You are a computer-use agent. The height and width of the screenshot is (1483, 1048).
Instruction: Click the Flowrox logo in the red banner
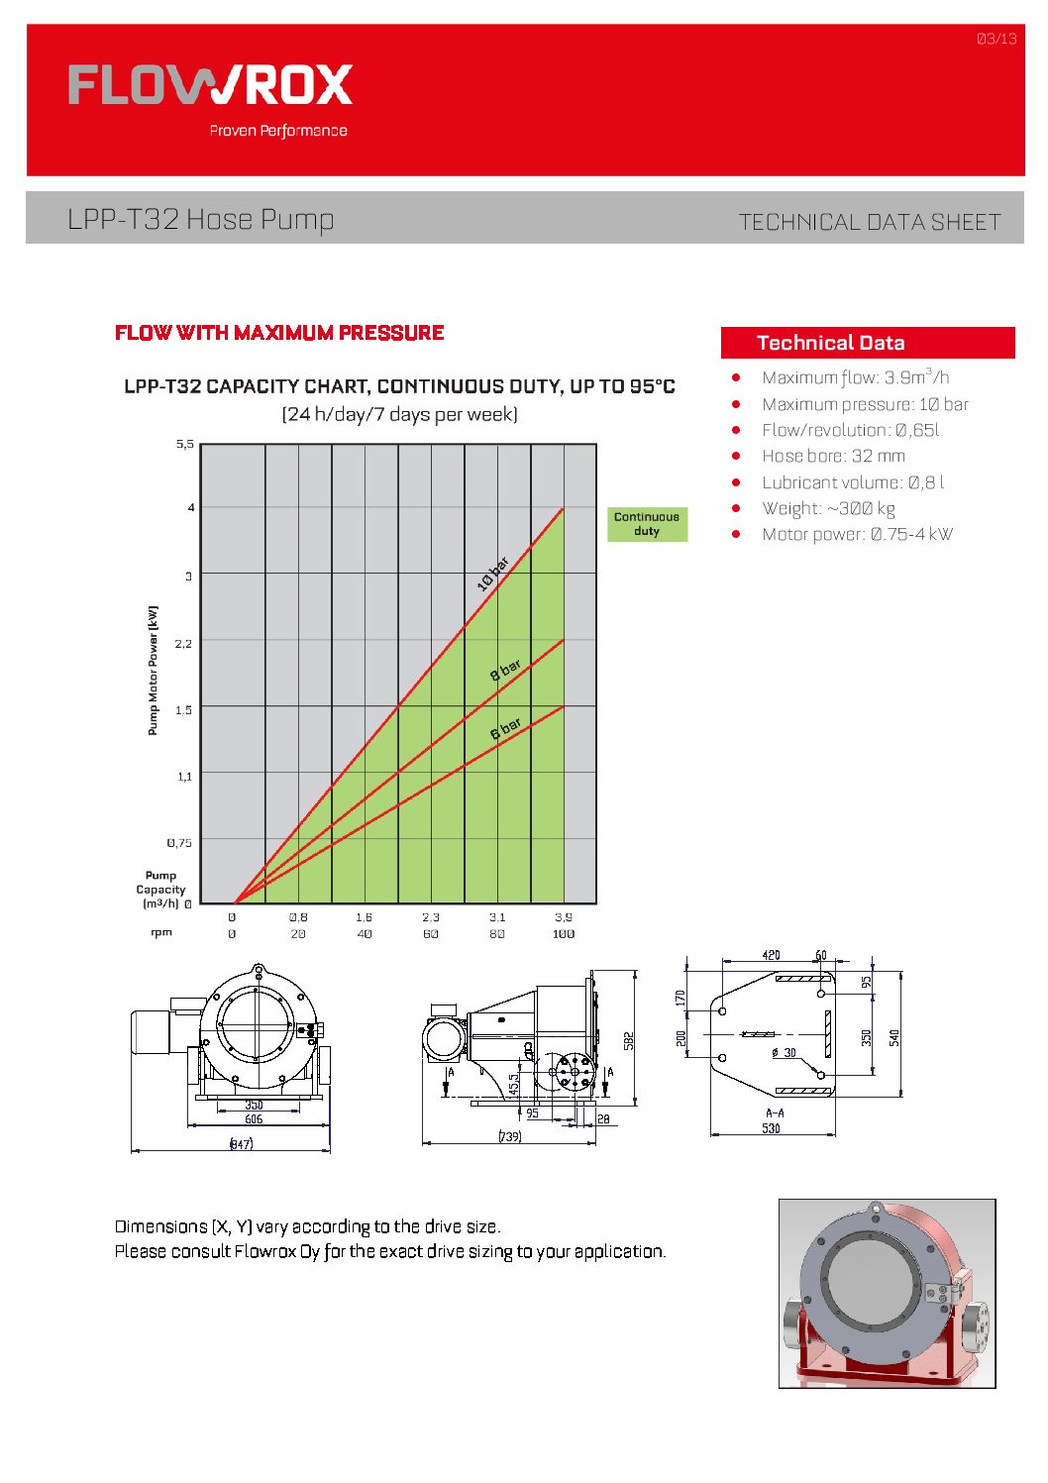point(211,85)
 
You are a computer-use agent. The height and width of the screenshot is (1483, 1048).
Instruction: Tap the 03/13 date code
point(996,39)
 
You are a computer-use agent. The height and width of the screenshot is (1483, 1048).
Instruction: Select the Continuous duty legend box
point(647,524)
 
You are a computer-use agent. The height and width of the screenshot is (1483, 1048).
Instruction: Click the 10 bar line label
point(492,574)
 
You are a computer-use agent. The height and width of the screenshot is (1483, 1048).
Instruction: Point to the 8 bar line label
point(505,670)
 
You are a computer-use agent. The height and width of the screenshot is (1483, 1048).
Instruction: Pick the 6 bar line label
point(505,728)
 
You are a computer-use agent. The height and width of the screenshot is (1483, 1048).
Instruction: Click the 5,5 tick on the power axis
point(184,444)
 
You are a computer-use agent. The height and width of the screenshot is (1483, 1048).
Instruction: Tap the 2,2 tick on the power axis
point(183,643)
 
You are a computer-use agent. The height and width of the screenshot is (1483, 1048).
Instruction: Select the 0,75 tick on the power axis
point(179,843)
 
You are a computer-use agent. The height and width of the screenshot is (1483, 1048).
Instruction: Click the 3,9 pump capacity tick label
point(564,917)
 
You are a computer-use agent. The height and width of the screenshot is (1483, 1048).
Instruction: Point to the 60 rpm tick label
point(430,933)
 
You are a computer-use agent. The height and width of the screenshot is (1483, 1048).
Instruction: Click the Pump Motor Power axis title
point(153,670)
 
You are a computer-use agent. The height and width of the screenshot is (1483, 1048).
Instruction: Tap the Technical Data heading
point(830,343)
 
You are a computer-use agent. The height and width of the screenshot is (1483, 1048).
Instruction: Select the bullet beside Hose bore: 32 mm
point(736,456)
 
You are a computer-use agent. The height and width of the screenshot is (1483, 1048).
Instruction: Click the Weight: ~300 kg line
point(828,508)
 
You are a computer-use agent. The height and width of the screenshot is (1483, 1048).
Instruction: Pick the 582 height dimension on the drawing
point(629,1041)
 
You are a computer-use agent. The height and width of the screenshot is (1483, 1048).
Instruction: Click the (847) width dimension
point(241,1143)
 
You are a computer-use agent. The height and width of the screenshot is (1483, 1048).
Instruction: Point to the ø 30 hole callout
point(784,1053)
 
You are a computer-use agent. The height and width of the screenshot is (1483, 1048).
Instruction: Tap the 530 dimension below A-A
point(771,1128)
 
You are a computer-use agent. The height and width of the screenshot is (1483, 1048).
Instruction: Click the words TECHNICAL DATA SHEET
point(870,223)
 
